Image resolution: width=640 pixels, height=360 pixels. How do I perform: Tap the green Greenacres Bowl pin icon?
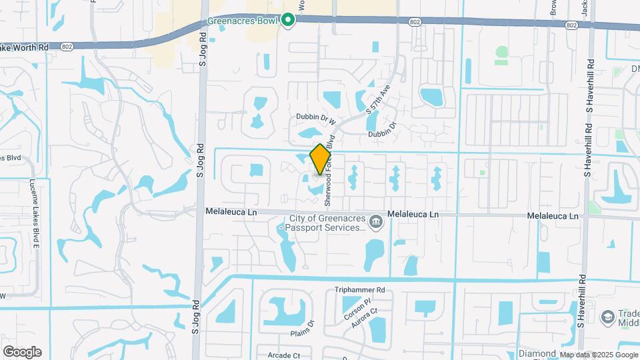[x=287, y=21]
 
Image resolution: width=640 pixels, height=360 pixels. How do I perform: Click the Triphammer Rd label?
[x=359, y=290]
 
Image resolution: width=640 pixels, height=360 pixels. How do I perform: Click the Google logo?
[x=22, y=351]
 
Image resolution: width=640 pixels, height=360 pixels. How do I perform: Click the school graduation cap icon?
[x=607, y=317]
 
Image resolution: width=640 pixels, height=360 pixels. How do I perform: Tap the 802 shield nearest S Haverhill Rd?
[x=571, y=25]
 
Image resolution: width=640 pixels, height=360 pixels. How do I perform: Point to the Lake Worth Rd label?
[x=25, y=47]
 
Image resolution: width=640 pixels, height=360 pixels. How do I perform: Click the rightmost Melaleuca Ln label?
[x=553, y=216]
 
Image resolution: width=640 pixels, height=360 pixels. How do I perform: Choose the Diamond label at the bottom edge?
[x=537, y=353]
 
